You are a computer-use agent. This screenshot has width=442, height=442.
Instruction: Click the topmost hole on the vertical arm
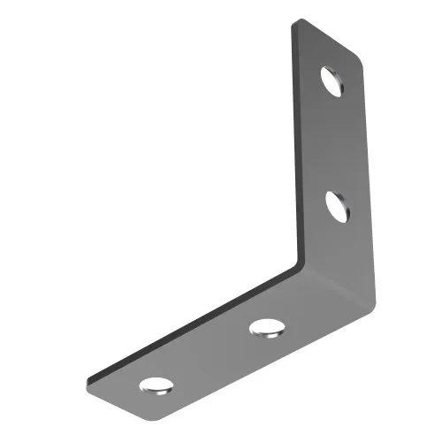335,80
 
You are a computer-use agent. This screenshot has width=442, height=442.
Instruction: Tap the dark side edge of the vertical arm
293,141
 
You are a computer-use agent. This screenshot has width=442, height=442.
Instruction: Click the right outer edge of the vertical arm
366,177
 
